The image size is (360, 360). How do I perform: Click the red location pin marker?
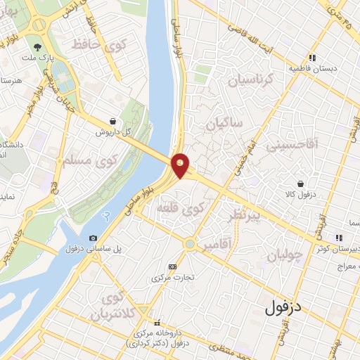(x=181, y=165)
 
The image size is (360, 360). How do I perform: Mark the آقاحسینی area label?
(x=314, y=143)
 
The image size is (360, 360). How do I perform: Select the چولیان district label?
(x=288, y=251)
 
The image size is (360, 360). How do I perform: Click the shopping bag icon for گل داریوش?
(x=113, y=120)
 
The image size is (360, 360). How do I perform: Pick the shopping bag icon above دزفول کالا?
(x=301, y=183)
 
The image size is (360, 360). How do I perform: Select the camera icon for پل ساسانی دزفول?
(x=94, y=238)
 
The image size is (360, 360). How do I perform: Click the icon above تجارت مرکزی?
(x=173, y=266)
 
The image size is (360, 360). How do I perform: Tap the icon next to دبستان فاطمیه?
(x=312, y=59)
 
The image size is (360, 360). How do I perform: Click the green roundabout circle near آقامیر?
(x=189, y=244)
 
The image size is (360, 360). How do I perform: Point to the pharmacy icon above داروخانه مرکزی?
(x=157, y=324)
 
